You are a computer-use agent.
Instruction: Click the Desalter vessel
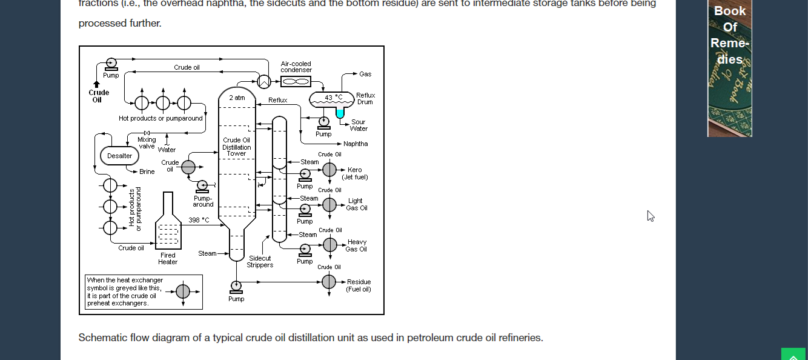119,156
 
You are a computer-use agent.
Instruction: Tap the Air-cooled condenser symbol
296,81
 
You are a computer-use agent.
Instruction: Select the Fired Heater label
168,259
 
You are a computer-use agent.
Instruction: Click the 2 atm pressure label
237,98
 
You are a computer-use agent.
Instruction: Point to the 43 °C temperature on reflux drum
333,97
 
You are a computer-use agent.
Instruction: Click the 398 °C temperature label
199,220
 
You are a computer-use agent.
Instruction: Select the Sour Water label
359,125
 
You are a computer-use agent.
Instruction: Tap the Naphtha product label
356,144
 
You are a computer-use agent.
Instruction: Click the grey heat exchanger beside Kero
329,170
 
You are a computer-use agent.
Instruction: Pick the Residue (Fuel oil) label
359,285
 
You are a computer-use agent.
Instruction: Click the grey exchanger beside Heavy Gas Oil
329,245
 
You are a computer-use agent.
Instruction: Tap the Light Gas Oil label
356,204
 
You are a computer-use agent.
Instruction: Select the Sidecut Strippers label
260,261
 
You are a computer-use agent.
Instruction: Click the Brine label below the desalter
147,172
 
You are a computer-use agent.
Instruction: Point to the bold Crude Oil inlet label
99,96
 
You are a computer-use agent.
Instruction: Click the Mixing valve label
147,142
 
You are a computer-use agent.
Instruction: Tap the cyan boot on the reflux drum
340,113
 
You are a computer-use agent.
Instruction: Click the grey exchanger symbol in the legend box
183,292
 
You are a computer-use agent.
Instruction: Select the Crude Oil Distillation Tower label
236,147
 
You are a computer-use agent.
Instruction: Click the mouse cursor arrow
651,216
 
